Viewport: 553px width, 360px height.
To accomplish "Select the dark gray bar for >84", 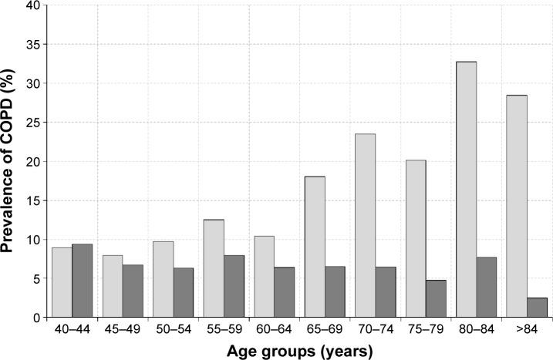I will [x=537, y=308].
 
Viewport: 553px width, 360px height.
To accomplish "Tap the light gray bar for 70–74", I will [x=365, y=226].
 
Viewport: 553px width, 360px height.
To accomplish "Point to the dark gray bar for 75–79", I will [x=436, y=298].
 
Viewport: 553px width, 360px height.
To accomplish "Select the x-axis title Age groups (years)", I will [x=299, y=351].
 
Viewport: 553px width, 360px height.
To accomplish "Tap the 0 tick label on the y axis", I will [x=34, y=318].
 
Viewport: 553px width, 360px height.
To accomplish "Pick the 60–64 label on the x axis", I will [x=274, y=329].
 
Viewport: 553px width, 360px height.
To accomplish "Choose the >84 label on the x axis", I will [x=526, y=329].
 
